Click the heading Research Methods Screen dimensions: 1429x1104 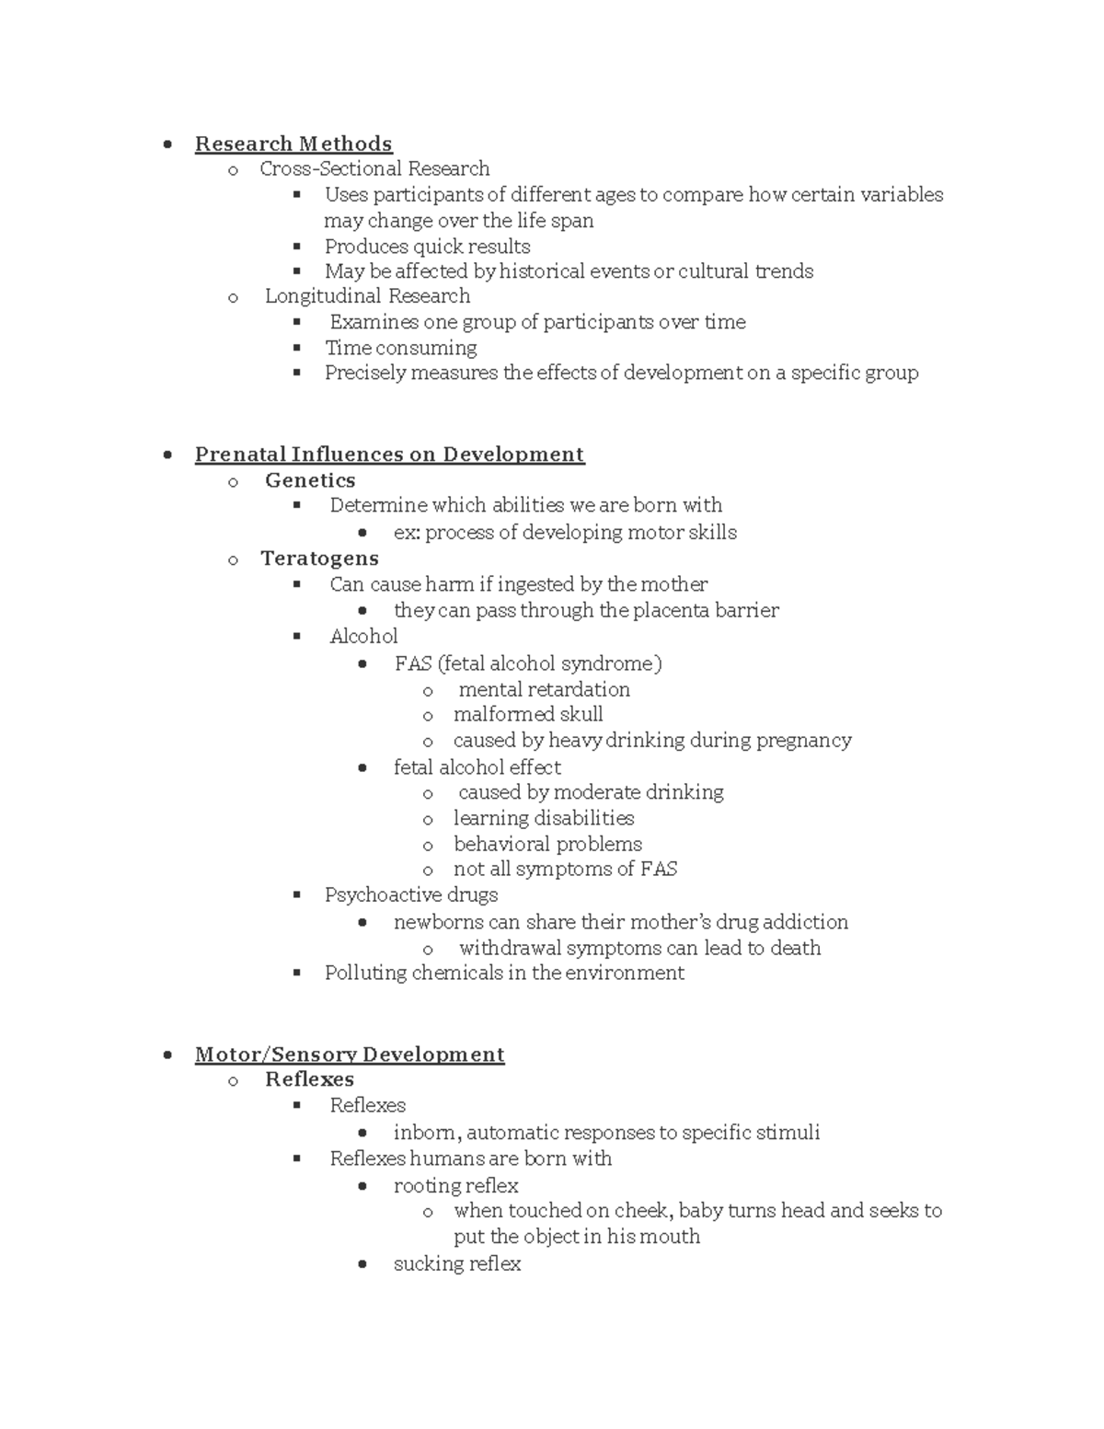[293, 144]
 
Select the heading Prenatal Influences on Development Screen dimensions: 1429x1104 [389, 455]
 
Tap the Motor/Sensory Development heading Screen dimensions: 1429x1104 [350, 1054]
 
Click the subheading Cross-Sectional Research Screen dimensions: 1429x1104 [374, 168]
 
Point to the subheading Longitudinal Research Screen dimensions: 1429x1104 [367, 295]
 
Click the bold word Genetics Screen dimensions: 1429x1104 [310, 480]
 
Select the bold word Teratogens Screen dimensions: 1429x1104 [319, 559]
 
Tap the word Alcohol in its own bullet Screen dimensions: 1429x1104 [363, 636]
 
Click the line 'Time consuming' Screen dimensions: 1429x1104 [400, 348]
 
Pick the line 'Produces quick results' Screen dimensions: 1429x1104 [427, 247]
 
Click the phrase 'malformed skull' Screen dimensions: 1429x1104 [528, 714]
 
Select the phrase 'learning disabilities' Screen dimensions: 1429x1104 [543, 818]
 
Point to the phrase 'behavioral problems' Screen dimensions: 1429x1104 [547, 844]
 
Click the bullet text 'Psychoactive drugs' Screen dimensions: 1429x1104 [410, 894]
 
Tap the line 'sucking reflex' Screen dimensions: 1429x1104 [456, 1263]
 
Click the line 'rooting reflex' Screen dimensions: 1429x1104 [455, 1185]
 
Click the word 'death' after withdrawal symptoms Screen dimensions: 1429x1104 [796, 948]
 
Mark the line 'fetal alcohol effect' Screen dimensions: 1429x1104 [477, 767]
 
